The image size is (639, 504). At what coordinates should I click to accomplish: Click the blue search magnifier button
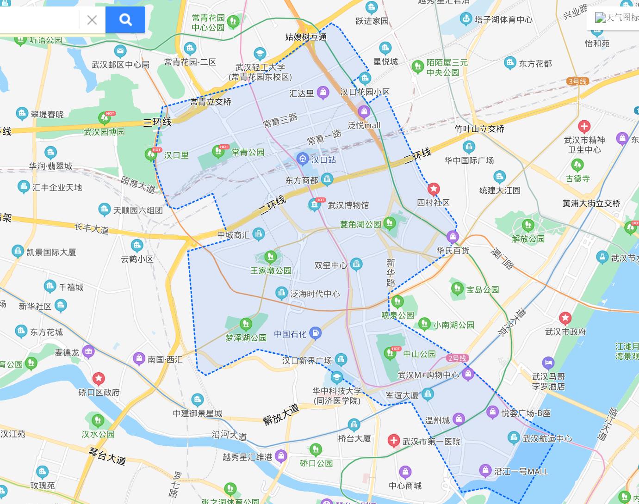[125, 19]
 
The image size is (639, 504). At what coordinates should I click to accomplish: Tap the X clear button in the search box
[92, 20]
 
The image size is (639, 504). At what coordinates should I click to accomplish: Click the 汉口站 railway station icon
[303, 160]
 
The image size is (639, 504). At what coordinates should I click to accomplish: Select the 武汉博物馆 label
[348, 205]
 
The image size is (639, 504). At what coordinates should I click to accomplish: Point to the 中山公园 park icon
[390, 354]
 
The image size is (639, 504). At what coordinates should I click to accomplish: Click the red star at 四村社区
[434, 189]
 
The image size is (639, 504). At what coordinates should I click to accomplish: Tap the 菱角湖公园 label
[360, 224]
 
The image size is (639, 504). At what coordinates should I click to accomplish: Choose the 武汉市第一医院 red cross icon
[394, 441]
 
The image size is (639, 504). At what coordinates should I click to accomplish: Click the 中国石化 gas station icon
[315, 332]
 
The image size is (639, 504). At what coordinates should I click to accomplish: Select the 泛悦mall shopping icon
[364, 111]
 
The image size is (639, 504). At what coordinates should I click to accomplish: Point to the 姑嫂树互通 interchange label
[306, 37]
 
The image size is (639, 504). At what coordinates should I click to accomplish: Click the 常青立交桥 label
[211, 102]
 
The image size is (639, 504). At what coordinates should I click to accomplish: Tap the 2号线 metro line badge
[457, 358]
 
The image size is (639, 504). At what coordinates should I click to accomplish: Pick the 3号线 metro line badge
[577, 81]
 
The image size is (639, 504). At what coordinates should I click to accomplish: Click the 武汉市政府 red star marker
[565, 318]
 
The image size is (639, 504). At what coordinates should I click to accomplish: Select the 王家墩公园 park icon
[270, 257]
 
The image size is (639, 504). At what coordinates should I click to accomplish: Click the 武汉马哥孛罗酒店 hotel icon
[548, 363]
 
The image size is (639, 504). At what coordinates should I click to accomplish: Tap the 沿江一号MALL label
[521, 472]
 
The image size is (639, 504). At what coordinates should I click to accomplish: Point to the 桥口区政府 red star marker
[99, 379]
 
